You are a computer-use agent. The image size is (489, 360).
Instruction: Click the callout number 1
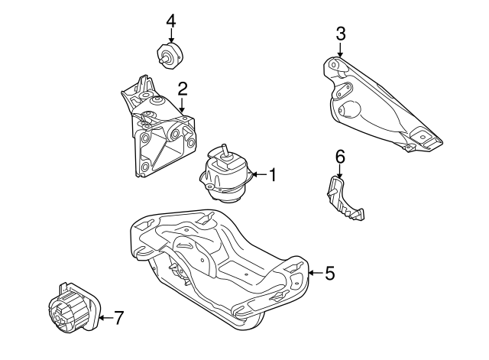point(271,174)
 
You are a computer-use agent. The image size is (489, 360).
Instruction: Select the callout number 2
point(183,89)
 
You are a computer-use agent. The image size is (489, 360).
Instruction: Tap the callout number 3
point(341,33)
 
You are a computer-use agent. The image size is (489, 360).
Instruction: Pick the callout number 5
point(329,273)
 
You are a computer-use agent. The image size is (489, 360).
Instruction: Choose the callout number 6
point(341,156)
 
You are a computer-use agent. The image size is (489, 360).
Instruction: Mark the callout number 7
point(118,317)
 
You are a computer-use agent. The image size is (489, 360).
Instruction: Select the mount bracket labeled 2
point(157,134)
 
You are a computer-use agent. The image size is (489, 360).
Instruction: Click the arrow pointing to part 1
point(257,174)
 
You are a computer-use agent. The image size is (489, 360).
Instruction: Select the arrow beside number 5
point(313,273)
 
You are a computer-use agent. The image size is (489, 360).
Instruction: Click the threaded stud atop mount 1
point(226,150)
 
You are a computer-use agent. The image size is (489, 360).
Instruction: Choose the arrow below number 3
point(341,50)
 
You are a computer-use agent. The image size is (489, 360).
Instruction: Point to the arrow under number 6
point(341,172)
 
